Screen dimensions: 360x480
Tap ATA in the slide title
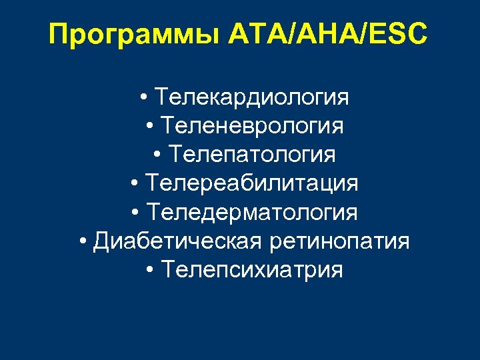click(254, 33)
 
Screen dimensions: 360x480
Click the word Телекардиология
click(251, 97)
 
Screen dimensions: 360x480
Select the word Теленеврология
click(253, 126)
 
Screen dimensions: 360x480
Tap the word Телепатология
click(252, 155)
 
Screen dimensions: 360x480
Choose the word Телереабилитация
click(252, 183)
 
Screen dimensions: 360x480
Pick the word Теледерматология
click(252, 213)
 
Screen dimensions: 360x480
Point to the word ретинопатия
click(340, 241)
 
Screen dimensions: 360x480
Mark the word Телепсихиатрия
click(252, 270)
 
